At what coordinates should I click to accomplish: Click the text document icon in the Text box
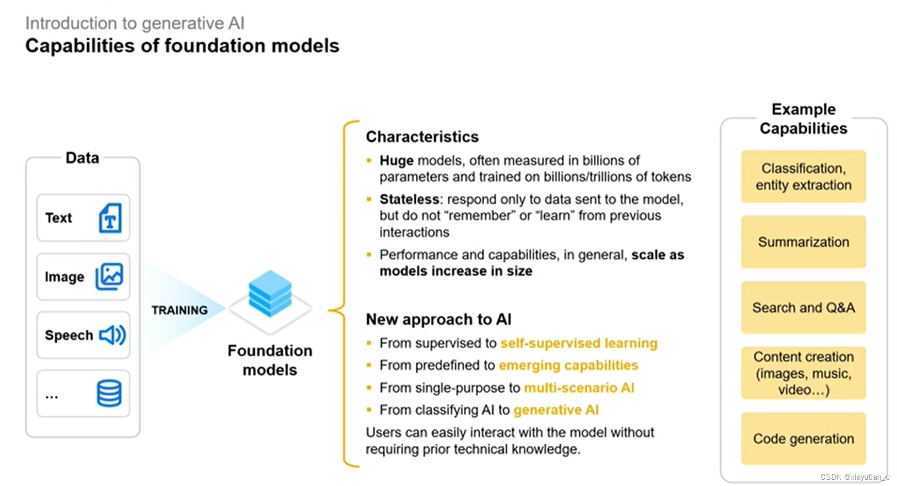tap(110, 218)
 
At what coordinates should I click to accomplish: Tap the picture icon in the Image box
tap(109, 277)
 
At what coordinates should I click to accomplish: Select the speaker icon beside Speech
tap(112, 335)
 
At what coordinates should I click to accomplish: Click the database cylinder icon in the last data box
tap(109, 393)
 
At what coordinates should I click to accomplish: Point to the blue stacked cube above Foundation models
tap(270, 293)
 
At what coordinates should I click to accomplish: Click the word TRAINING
tap(179, 310)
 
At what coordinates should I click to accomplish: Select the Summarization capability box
tap(803, 242)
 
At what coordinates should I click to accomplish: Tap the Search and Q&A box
tap(803, 307)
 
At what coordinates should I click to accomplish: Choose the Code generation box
tap(803, 438)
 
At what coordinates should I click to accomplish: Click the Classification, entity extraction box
tap(803, 176)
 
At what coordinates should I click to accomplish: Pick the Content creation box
tap(803, 373)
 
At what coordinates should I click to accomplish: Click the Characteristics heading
tap(422, 137)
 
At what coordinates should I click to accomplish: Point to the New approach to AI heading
tap(439, 319)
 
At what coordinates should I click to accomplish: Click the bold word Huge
tap(396, 161)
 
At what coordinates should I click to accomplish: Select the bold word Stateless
tap(409, 200)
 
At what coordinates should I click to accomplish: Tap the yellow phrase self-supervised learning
tap(579, 343)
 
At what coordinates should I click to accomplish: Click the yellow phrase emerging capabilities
tap(568, 365)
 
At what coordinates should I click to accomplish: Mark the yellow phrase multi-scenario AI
tap(579, 388)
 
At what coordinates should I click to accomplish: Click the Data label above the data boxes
tap(82, 158)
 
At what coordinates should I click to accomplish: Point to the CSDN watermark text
tap(854, 477)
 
